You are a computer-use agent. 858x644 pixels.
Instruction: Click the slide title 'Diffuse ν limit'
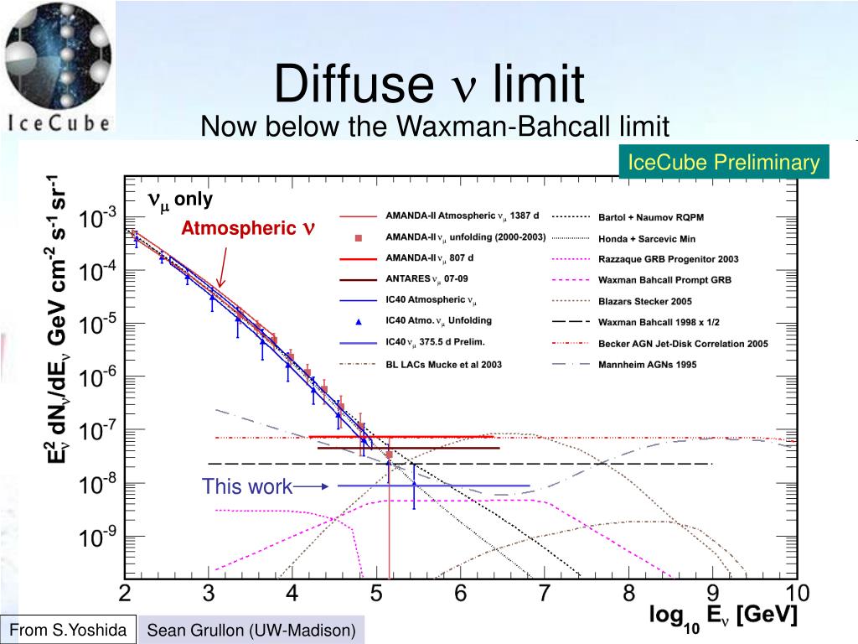428,85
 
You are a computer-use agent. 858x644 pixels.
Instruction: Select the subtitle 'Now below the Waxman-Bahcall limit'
435,127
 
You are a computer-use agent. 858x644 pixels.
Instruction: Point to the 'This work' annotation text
246,486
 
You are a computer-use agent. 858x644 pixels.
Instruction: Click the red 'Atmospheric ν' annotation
248,228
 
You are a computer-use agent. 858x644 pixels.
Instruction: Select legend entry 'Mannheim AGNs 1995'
647,364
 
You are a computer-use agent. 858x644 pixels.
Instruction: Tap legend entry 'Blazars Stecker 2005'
645,300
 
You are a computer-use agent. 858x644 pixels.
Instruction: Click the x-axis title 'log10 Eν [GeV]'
723,618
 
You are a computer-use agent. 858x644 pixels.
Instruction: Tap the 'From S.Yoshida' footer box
69,628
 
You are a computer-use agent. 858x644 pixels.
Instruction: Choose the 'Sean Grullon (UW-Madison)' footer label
251,630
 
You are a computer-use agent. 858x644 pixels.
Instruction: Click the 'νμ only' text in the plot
180,200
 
